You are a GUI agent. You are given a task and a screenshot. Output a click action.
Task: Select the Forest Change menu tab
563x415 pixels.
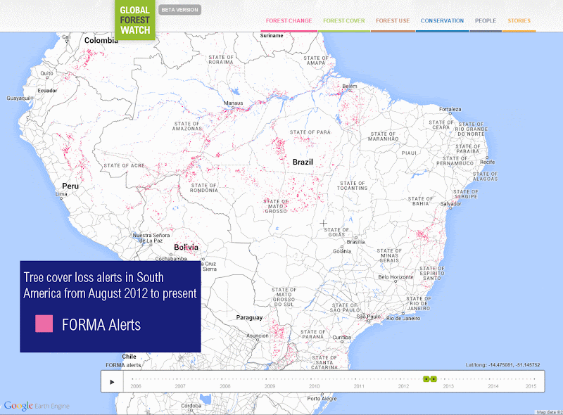(289, 21)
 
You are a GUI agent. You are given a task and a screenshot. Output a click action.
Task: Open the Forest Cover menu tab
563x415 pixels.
(344, 21)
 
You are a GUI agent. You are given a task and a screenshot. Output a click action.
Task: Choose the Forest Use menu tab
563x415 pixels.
(393, 21)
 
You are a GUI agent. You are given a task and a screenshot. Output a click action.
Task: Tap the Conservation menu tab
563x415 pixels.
(442, 21)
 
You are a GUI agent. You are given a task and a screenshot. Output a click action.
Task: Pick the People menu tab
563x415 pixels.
(486, 21)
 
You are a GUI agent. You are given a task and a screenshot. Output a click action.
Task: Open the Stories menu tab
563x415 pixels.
(519, 21)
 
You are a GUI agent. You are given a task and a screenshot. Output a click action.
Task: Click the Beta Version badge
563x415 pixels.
(180, 10)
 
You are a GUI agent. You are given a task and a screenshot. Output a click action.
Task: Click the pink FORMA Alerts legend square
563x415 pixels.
(44, 324)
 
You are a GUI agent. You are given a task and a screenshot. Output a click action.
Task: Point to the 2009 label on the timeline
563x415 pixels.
(270, 386)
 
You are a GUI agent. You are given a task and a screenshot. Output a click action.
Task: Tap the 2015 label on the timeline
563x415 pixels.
(531, 386)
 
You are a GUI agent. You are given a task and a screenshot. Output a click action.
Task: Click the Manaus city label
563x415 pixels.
(233, 103)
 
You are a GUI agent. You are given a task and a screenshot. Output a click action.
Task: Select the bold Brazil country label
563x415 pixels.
(303, 162)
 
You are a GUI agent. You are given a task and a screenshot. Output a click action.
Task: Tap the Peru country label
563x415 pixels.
(70, 186)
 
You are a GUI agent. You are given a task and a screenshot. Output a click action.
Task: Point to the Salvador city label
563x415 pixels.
(450, 204)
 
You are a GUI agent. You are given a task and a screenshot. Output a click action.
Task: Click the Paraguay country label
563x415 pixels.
(249, 317)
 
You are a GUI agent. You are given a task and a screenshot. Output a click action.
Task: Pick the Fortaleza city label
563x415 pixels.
(450, 110)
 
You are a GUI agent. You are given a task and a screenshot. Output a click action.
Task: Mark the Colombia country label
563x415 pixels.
(101, 41)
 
